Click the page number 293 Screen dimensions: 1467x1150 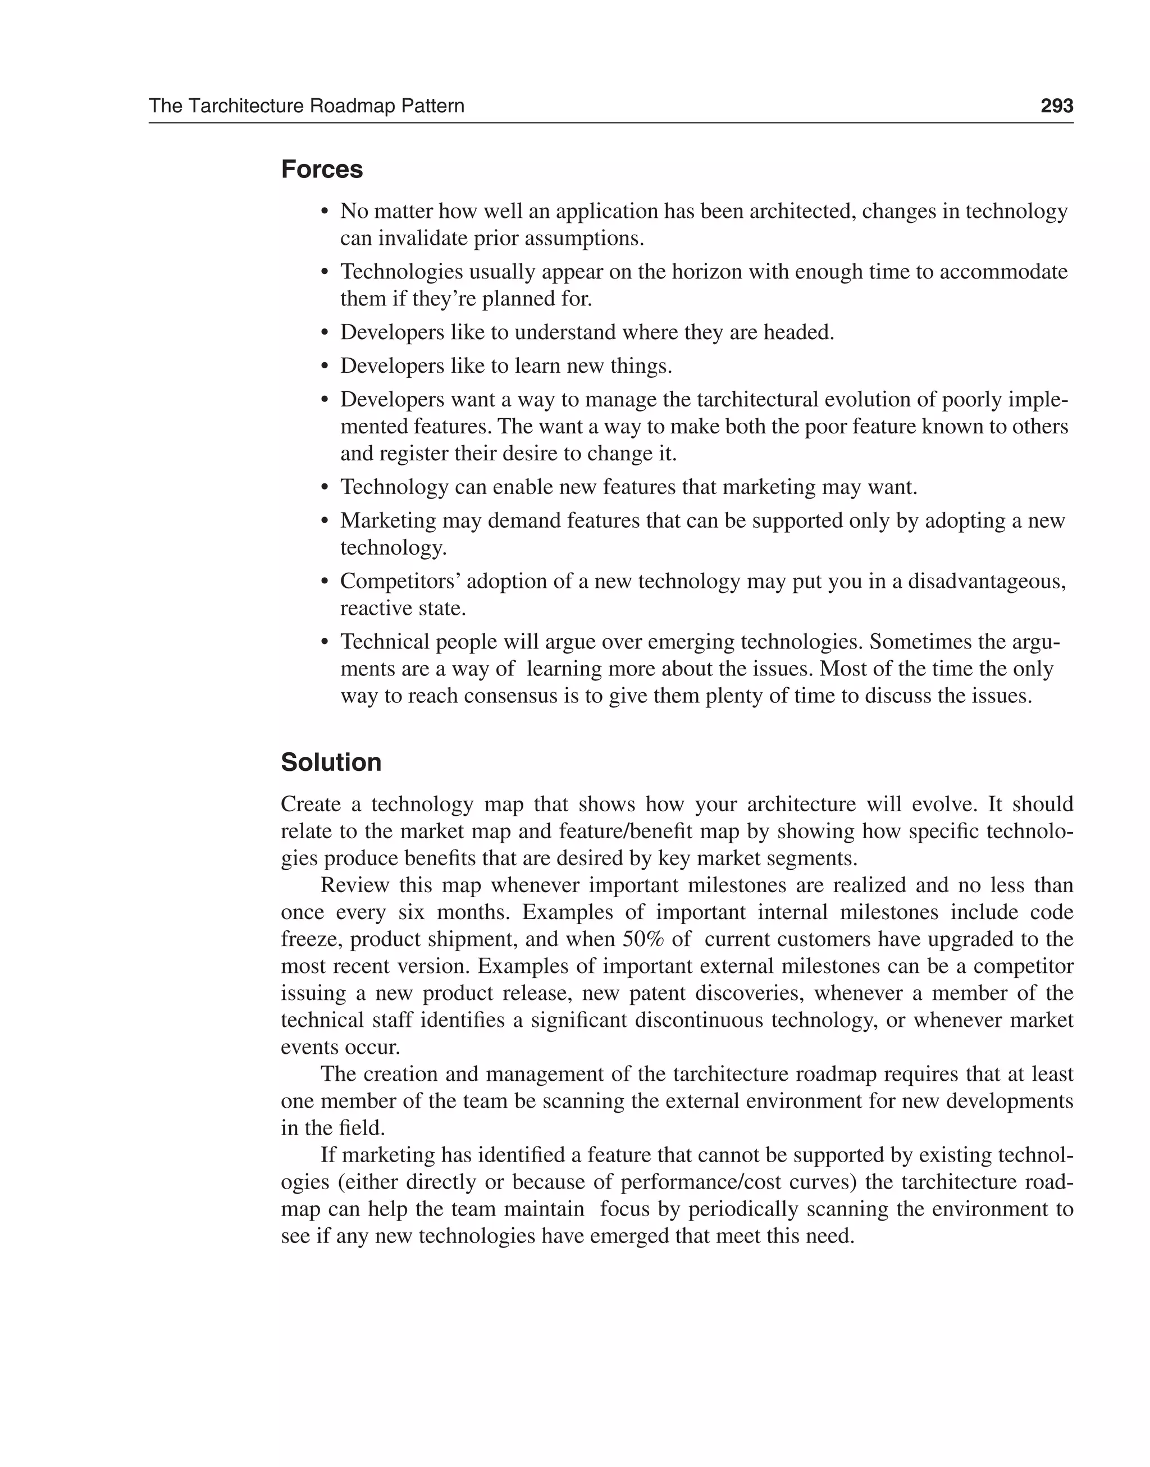coord(1056,106)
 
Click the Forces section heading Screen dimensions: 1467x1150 coord(322,169)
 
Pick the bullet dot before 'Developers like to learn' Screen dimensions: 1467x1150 coord(325,367)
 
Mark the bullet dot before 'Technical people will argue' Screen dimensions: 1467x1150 coord(325,642)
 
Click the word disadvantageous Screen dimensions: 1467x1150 coord(987,581)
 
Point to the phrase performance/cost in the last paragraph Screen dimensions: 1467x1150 coord(700,1182)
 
